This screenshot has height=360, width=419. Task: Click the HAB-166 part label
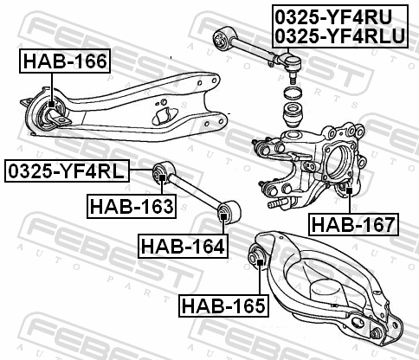click(x=65, y=61)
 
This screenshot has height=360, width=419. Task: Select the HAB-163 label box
click(x=132, y=206)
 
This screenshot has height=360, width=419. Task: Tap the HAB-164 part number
click(x=183, y=246)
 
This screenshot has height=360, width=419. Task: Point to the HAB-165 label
click(x=223, y=305)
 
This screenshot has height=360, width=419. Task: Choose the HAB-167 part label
click(x=354, y=224)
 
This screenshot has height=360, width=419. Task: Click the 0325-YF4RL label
click(x=67, y=170)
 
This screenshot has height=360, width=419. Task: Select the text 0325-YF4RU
click(x=333, y=17)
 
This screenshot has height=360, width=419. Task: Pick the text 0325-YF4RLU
click(x=340, y=36)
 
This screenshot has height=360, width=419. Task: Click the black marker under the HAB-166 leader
click(x=51, y=104)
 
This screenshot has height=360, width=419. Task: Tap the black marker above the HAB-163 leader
click(x=162, y=177)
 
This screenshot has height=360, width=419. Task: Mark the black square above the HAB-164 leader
click(x=223, y=215)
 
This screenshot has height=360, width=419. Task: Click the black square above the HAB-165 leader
click(x=260, y=262)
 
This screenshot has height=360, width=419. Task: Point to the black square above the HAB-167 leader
click(x=350, y=190)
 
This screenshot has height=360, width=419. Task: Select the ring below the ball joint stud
click(x=293, y=93)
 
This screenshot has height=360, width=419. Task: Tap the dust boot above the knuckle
click(x=294, y=114)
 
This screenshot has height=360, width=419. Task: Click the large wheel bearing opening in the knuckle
click(x=339, y=163)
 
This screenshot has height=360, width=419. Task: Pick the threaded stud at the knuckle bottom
click(x=277, y=203)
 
